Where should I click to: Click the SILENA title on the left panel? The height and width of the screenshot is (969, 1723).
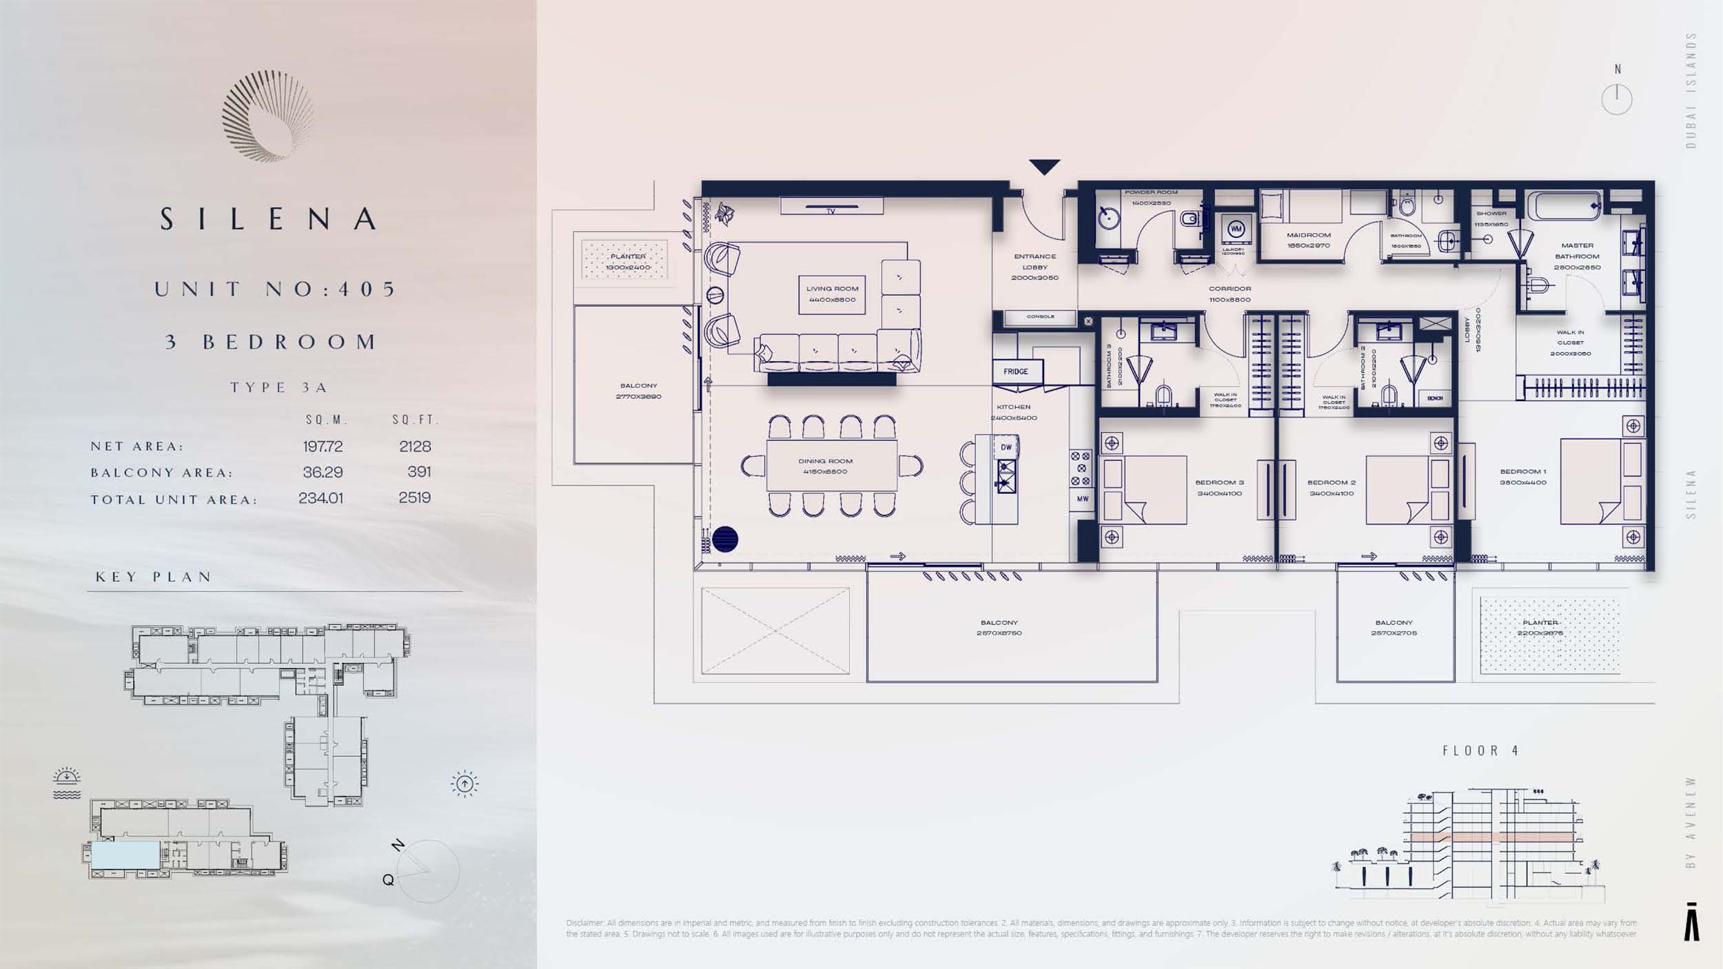point(269,219)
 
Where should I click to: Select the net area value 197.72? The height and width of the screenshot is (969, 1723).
point(323,447)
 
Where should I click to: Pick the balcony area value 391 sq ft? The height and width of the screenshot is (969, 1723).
point(419,472)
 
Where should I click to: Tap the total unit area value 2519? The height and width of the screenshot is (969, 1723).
point(414,498)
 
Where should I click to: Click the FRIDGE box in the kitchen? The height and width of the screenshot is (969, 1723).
point(1016,371)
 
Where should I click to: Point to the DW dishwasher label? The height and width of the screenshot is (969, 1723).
point(1006,447)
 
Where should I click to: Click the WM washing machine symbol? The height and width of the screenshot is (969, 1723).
point(1236,229)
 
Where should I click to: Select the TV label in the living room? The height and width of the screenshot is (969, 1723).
point(831,211)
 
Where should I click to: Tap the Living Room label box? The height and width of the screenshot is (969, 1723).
point(832,294)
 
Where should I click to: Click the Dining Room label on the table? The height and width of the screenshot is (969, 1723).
point(825,466)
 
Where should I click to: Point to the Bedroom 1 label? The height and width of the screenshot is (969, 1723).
point(1523,477)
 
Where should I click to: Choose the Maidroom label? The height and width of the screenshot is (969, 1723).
point(1308,240)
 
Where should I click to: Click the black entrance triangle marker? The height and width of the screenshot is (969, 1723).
point(1044,167)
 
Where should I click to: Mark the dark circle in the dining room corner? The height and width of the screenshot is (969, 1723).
point(725,539)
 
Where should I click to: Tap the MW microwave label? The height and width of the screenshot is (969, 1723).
point(1083,499)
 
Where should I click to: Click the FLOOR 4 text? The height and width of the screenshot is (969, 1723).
point(1481,751)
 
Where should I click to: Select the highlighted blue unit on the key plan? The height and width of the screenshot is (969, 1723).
point(125,855)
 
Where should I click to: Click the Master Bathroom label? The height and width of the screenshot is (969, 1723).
point(1577,256)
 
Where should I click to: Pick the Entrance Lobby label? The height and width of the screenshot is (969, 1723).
point(1034,267)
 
